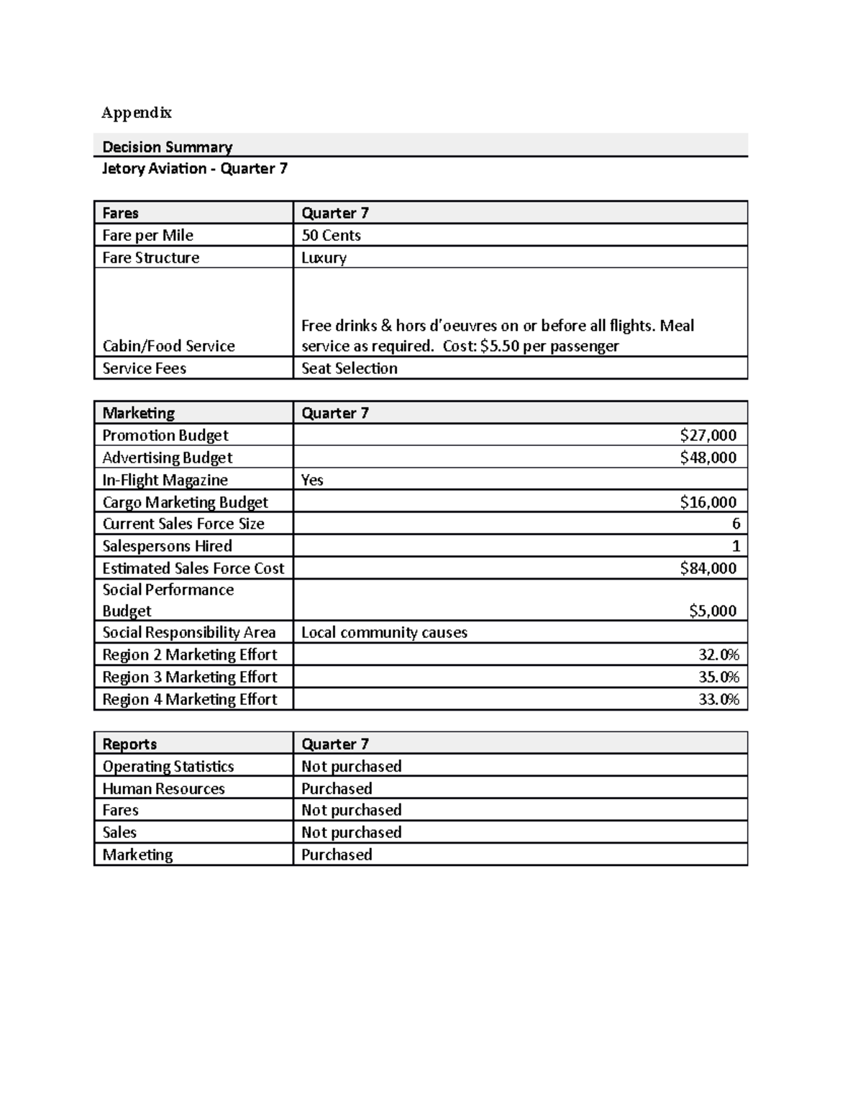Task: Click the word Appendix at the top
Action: [x=137, y=112]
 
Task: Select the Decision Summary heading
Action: [x=167, y=147]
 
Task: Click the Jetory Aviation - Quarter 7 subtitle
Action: [x=194, y=168]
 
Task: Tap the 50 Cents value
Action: [x=331, y=235]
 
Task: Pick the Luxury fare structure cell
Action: [x=324, y=257]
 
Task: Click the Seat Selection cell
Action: [x=349, y=368]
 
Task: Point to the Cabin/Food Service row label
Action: [x=168, y=346]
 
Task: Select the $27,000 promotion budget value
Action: [x=708, y=435]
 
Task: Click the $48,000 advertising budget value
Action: [x=708, y=457]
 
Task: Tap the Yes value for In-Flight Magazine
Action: [x=312, y=480]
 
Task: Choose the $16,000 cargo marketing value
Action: [x=708, y=502]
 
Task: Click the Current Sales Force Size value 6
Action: [x=736, y=524]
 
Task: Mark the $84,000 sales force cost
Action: [x=708, y=568]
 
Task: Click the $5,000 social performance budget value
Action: [x=712, y=611]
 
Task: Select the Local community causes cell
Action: [x=384, y=632]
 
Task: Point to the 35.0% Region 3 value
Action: [x=718, y=677]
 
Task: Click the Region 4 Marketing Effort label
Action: [x=189, y=699]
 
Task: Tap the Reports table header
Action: [x=129, y=744]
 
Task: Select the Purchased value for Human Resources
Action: [x=337, y=788]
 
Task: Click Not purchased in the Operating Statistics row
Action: [x=351, y=766]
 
